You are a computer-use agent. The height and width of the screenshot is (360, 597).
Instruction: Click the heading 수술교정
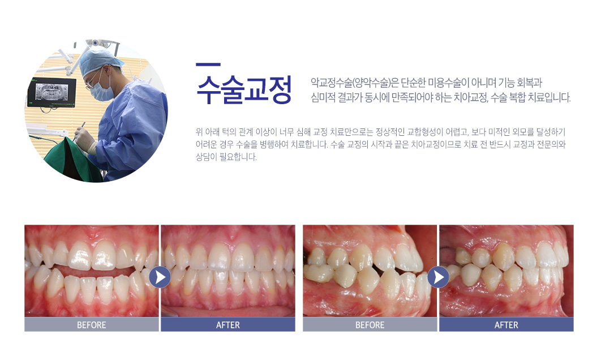click(244, 90)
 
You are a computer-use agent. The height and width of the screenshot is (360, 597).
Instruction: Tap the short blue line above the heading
click(208, 65)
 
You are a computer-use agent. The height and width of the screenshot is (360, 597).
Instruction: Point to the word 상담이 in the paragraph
click(205, 157)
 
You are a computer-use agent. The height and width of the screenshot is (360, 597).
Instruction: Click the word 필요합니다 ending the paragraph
click(238, 157)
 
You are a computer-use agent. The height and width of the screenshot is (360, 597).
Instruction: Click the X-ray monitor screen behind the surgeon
click(51, 92)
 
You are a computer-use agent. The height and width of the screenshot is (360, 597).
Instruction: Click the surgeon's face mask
click(101, 90)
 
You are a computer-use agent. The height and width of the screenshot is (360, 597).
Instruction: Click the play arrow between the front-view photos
click(160, 277)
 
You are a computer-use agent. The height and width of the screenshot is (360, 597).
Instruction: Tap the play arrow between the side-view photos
click(438, 277)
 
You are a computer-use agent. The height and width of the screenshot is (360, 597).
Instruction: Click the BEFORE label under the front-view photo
click(91, 325)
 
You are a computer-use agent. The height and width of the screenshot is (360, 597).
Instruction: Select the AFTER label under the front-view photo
click(227, 325)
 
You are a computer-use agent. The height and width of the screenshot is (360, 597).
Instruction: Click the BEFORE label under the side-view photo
click(370, 325)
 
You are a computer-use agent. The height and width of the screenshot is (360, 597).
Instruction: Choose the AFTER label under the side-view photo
click(506, 325)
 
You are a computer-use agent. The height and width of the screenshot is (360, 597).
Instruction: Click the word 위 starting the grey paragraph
click(199, 132)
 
